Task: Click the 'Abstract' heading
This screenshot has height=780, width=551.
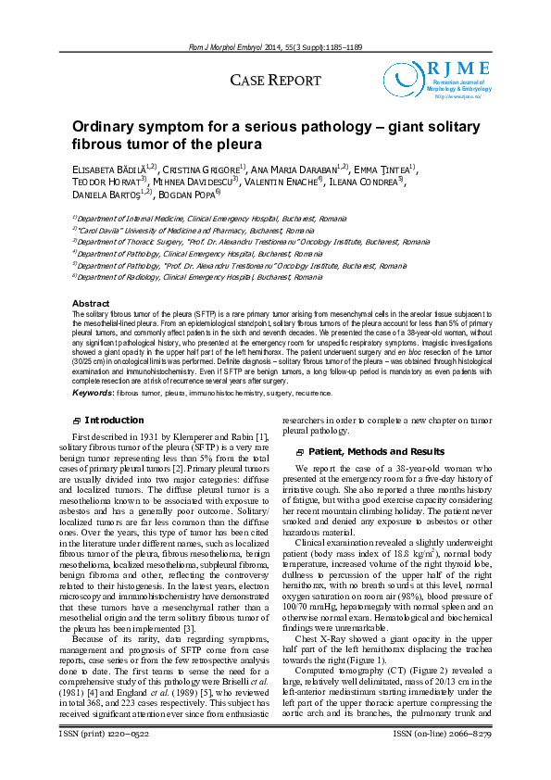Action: coord(91,304)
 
